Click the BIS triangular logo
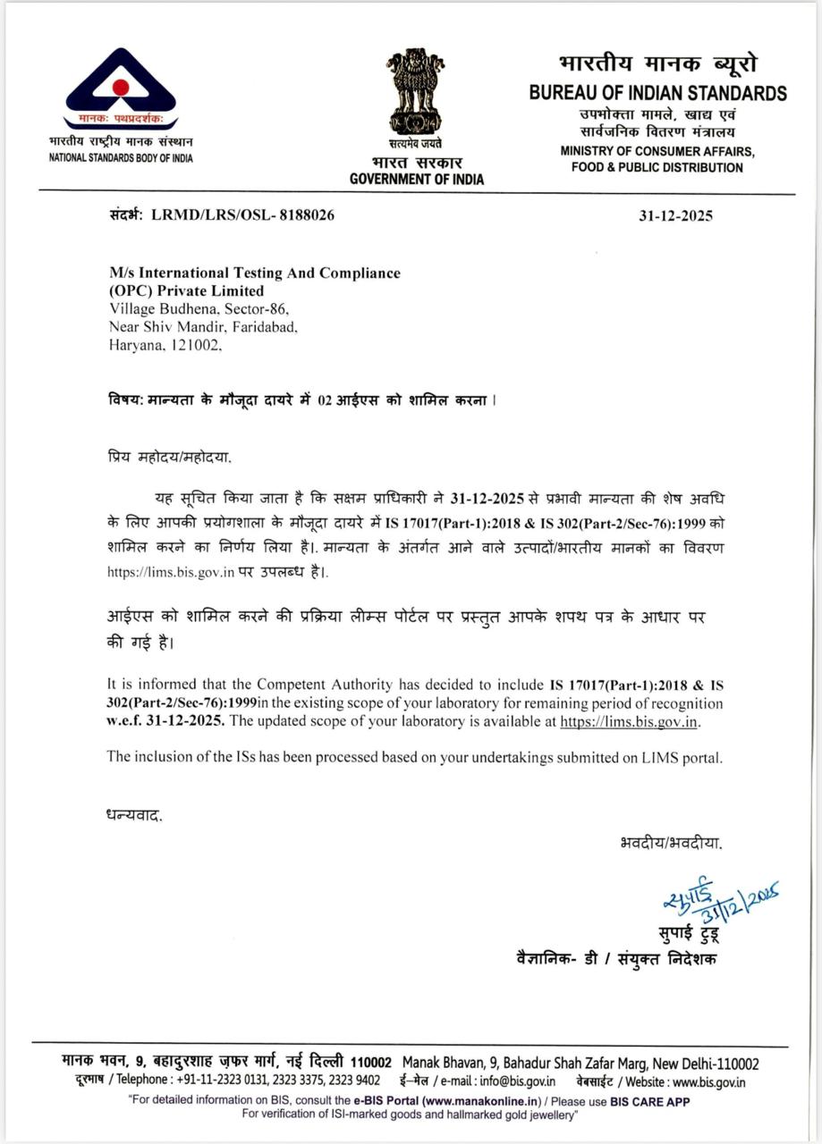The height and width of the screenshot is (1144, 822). pos(120,88)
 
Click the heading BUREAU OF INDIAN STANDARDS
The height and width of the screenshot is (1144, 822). pos(657,93)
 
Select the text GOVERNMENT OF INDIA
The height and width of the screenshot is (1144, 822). pos(417,179)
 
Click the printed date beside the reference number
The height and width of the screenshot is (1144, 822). pos(675,216)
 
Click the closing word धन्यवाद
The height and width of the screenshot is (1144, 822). pos(134,815)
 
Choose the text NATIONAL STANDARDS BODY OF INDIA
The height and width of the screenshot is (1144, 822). pos(121,158)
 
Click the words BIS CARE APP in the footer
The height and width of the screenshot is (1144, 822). pos(650,1101)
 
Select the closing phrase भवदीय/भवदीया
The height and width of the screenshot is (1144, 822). pos(670,842)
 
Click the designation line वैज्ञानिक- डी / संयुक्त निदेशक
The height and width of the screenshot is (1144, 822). pos(616,957)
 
